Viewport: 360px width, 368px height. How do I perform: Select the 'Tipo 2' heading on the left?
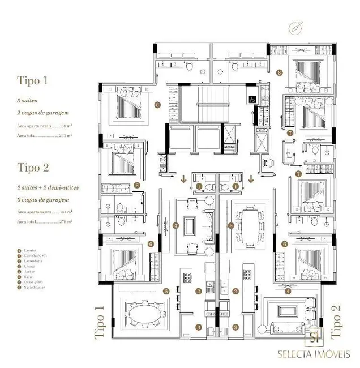(x=33, y=168)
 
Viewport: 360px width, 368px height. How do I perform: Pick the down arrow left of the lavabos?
(x=183, y=180)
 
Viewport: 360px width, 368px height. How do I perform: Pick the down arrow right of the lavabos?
(x=250, y=180)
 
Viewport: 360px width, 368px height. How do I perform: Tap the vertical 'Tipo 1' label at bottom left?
(x=100, y=322)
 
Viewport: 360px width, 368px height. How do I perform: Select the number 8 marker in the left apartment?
(x=157, y=104)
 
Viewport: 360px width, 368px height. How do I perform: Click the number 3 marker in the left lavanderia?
(x=198, y=327)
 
